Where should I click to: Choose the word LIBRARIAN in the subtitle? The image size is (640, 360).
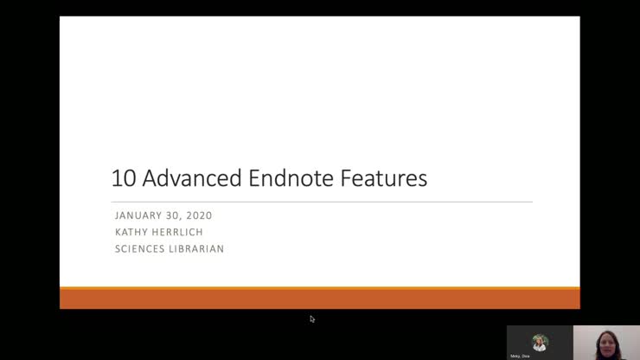(197, 249)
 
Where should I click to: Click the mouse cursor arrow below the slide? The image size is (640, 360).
(312, 318)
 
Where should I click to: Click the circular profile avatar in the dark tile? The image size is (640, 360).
(541, 341)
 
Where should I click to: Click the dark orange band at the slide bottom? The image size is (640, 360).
(319, 299)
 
